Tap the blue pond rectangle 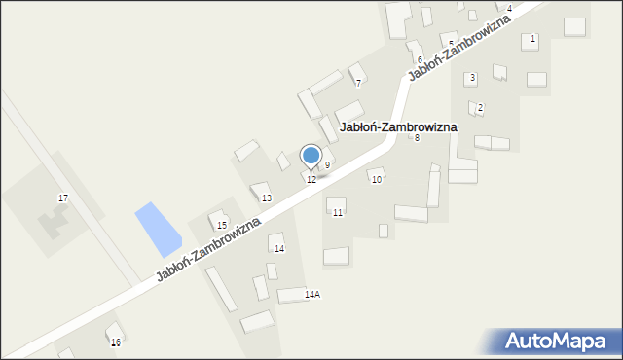tap(158, 229)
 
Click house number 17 tap(63, 198)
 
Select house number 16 tap(116, 342)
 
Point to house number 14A tap(312, 294)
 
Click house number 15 tap(222, 226)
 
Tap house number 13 tap(266, 198)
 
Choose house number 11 tap(337, 212)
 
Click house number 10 tap(377, 180)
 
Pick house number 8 tap(417, 138)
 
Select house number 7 tap(358, 83)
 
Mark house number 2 tap(480, 107)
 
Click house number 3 tap(472, 77)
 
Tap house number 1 tap(533, 39)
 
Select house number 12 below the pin tap(311, 180)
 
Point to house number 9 tap(327, 164)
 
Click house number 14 tap(279, 249)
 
